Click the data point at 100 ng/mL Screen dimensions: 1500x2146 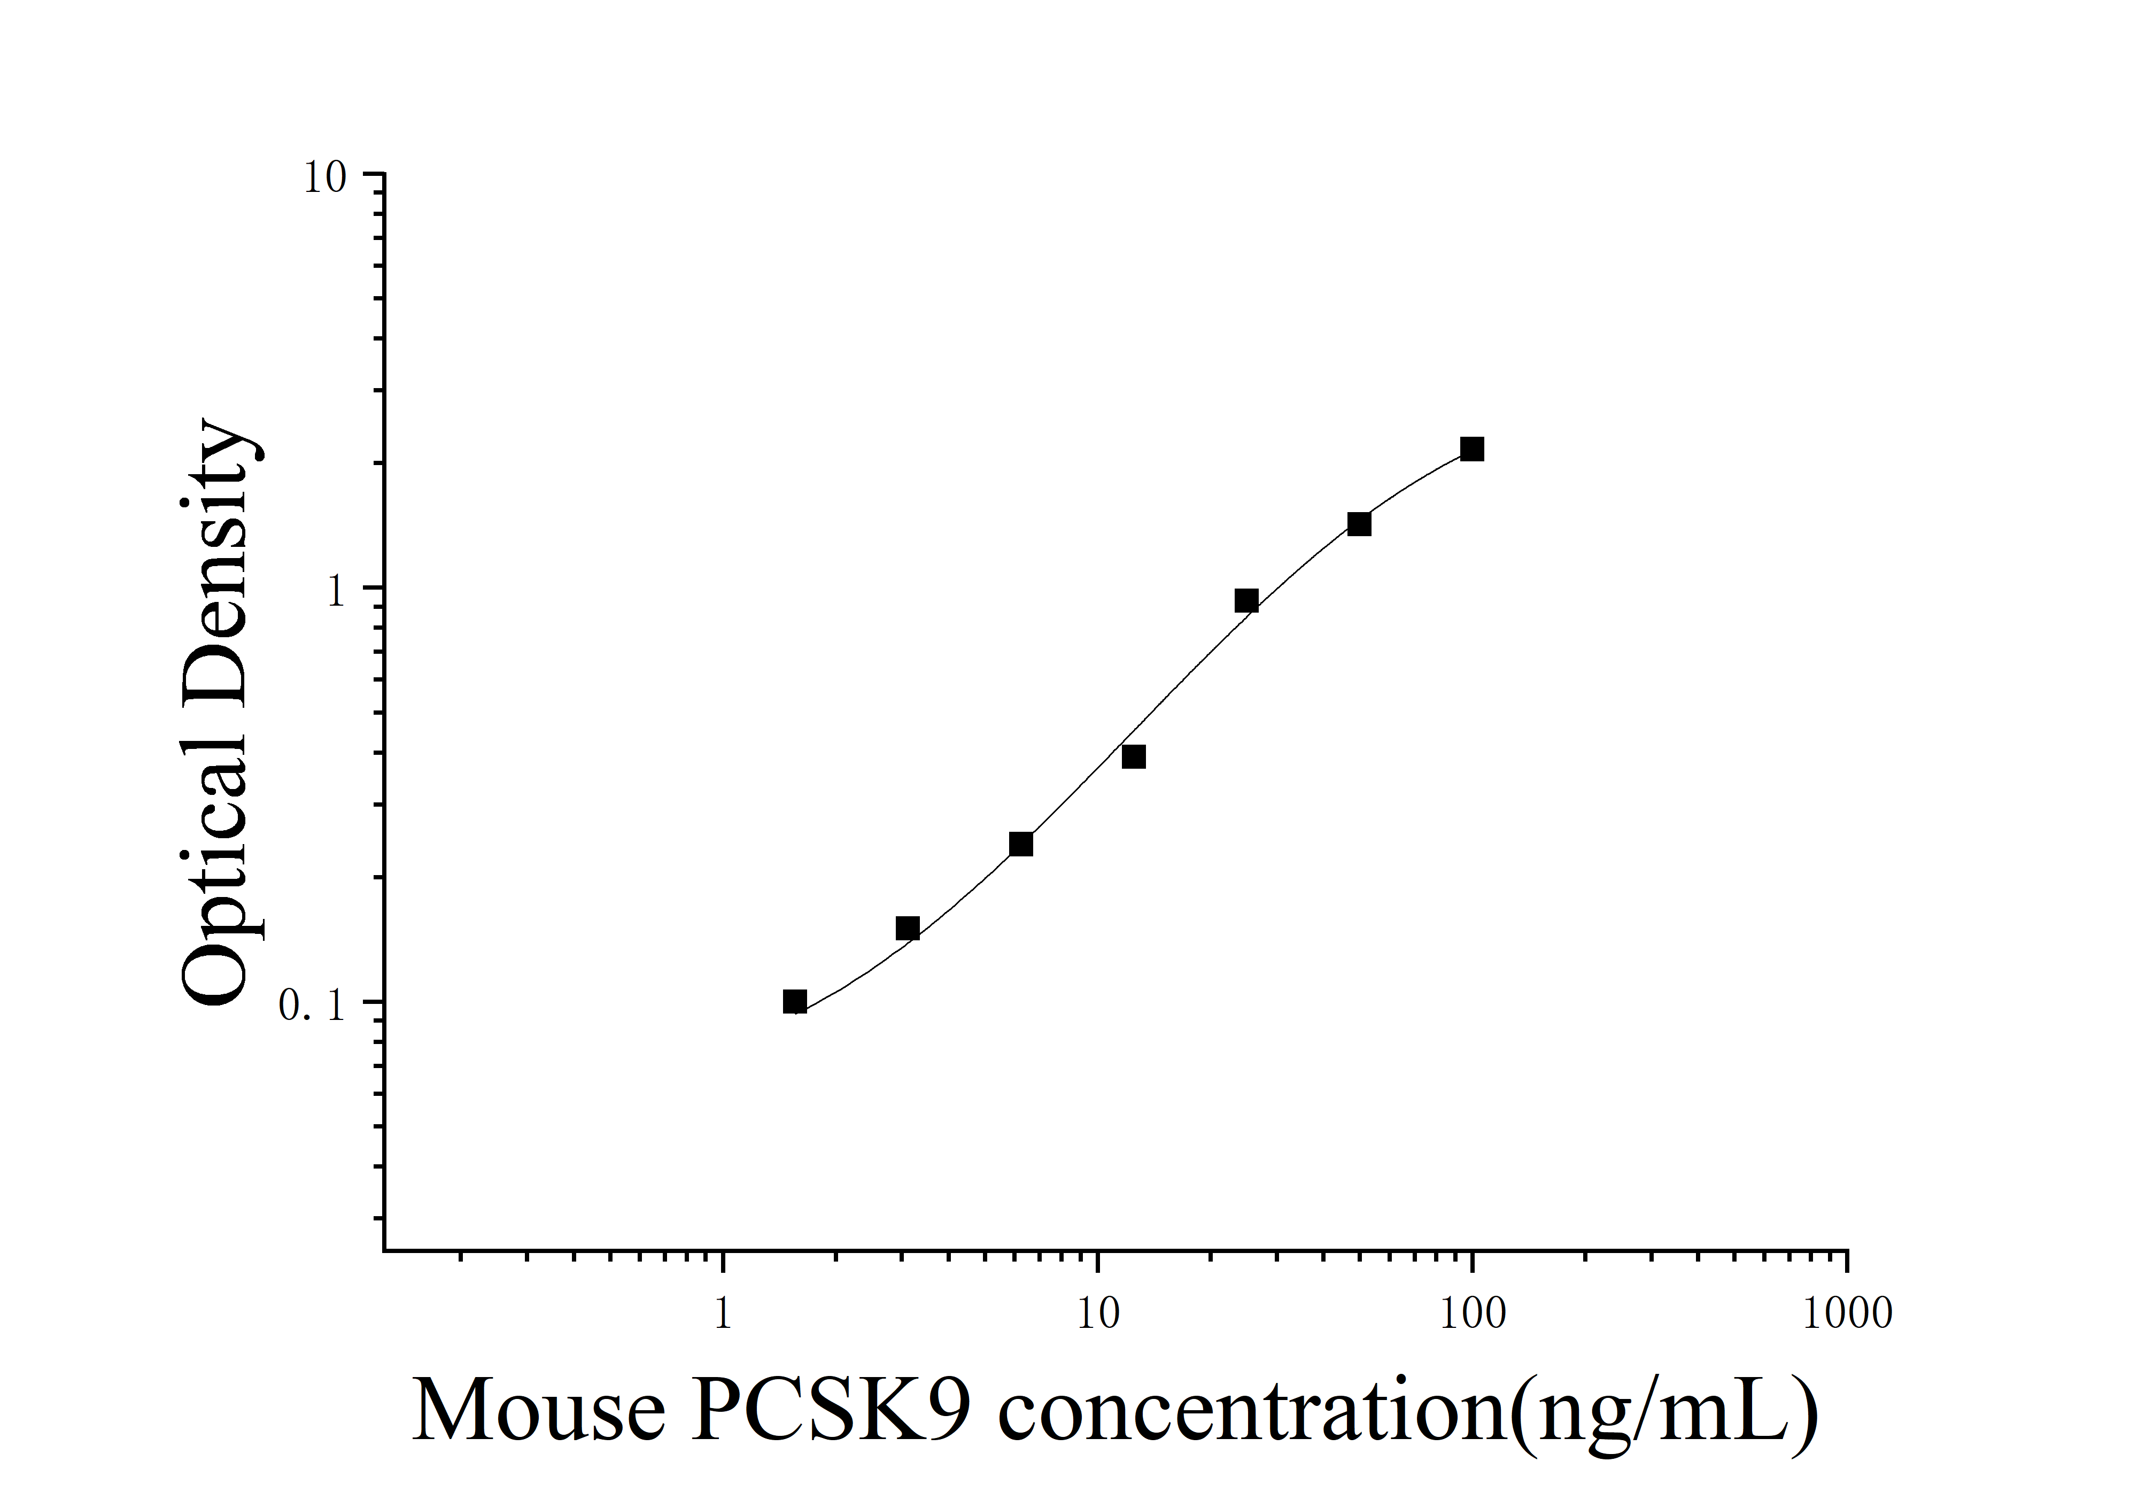pos(1472,450)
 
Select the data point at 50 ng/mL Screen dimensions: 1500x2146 pos(1359,524)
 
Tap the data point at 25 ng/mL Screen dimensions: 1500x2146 pos(1246,601)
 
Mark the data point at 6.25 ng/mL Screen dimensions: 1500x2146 pos(1021,845)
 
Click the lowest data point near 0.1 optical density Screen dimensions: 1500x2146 pos(794,1002)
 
